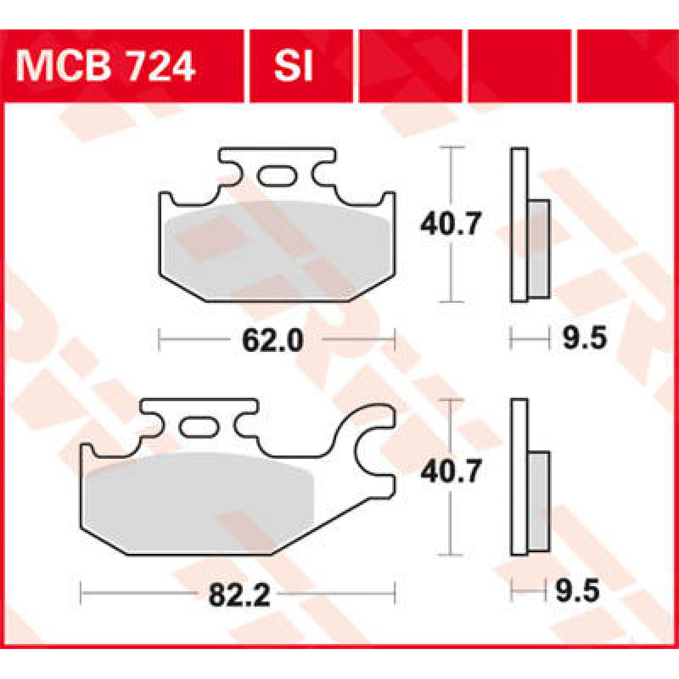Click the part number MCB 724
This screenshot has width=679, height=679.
tap(106, 66)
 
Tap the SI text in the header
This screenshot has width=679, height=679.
tap(293, 66)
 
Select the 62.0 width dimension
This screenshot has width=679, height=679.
tap(272, 341)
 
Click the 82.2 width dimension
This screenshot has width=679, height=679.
tap(239, 595)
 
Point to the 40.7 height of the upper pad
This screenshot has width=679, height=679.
tap(450, 225)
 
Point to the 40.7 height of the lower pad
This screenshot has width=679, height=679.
tap(450, 471)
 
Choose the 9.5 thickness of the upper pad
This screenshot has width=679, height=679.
tap(585, 339)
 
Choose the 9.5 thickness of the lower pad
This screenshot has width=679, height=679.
tap(577, 592)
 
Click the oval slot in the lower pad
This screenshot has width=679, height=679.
tap(198, 426)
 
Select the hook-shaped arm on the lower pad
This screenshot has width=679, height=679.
tap(368, 447)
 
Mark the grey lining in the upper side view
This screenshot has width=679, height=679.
tap(539, 249)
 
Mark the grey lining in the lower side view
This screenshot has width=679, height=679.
tap(539, 501)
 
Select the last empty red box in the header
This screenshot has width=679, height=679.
tap(626, 66)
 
